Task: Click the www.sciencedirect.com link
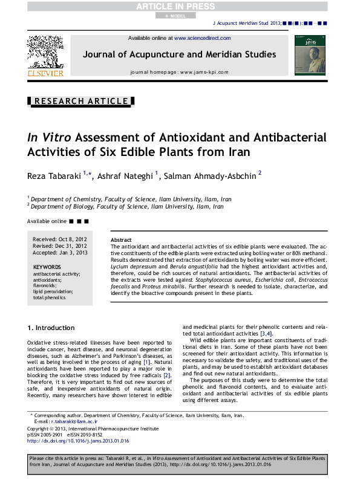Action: (x=202, y=38)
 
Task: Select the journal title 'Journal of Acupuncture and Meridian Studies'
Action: (x=179, y=54)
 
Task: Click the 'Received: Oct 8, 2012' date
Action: (x=60, y=240)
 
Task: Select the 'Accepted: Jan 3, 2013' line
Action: (x=60, y=253)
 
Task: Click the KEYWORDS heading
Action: (x=47, y=267)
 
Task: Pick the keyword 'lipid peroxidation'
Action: (x=53, y=291)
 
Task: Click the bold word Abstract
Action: (x=121, y=240)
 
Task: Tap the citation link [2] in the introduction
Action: (x=168, y=375)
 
